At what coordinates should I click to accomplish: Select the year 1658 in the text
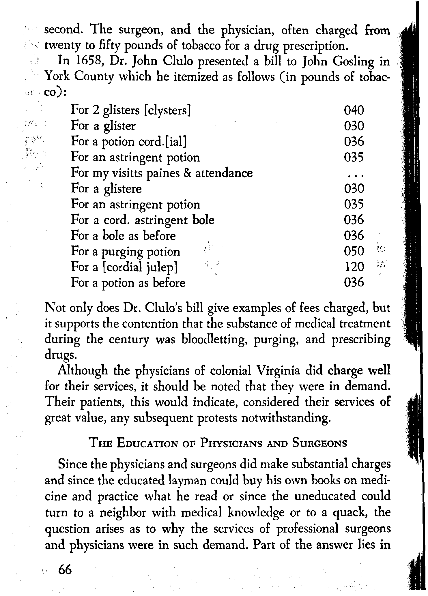(x=88, y=61)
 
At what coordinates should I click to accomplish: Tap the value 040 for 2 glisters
(x=354, y=110)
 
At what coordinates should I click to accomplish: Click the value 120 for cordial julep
(x=355, y=267)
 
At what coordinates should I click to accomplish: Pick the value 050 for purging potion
(x=354, y=251)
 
